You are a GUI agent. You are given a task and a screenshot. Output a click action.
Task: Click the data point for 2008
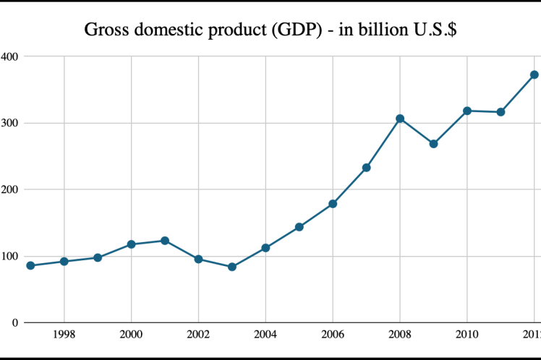[x=400, y=119]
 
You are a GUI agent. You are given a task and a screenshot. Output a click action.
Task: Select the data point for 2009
[x=433, y=144]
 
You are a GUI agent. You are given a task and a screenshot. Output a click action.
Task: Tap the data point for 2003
[x=232, y=267]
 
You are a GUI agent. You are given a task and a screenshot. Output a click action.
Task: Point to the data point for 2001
[x=165, y=241]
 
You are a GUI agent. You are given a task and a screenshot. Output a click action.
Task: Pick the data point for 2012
[x=534, y=74]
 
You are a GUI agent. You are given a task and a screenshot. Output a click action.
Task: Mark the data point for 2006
[x=333, y=204]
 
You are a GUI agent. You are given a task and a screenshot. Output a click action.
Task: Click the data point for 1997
[x=30, y=265]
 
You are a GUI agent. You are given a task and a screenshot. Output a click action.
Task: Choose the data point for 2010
[x=467, y=111]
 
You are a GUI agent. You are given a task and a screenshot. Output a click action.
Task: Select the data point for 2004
[x=265, y=248]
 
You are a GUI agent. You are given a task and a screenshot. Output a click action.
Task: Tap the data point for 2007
[x=367, y=168]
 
